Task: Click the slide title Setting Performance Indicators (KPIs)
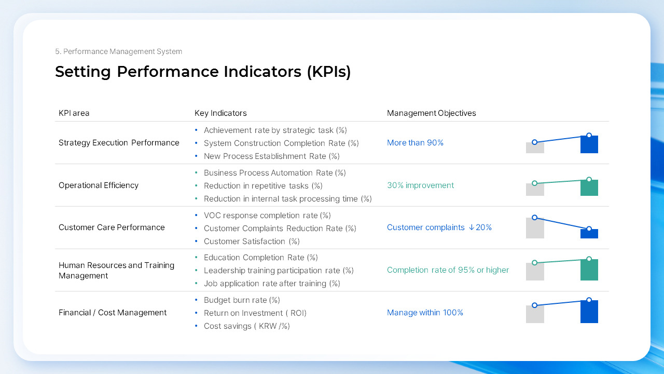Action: pos(203,72)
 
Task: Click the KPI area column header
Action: pos(74,113)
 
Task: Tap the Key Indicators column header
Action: pos(220,113)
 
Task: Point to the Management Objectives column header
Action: pos(431,113)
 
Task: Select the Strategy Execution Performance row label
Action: pos(119,143)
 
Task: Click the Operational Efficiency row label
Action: pos(99,185)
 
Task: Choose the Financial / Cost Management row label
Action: pos(113,313)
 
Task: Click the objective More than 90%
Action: pos(415,143)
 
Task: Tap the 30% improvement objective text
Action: pos(420,185)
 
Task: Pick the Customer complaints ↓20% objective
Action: pos(439,228)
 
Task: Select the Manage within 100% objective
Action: pos(425,313)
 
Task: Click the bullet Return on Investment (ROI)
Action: pos(255,313)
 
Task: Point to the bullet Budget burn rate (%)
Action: pos(242,300)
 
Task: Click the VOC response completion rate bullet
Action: pos(267,216)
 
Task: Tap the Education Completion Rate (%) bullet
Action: pos(260,258)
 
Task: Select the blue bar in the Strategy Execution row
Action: pos(589,145)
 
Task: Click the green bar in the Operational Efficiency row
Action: pos(589,188)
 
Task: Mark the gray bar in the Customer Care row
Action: pos(535,229)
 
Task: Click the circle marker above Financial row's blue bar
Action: pos(589,300)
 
